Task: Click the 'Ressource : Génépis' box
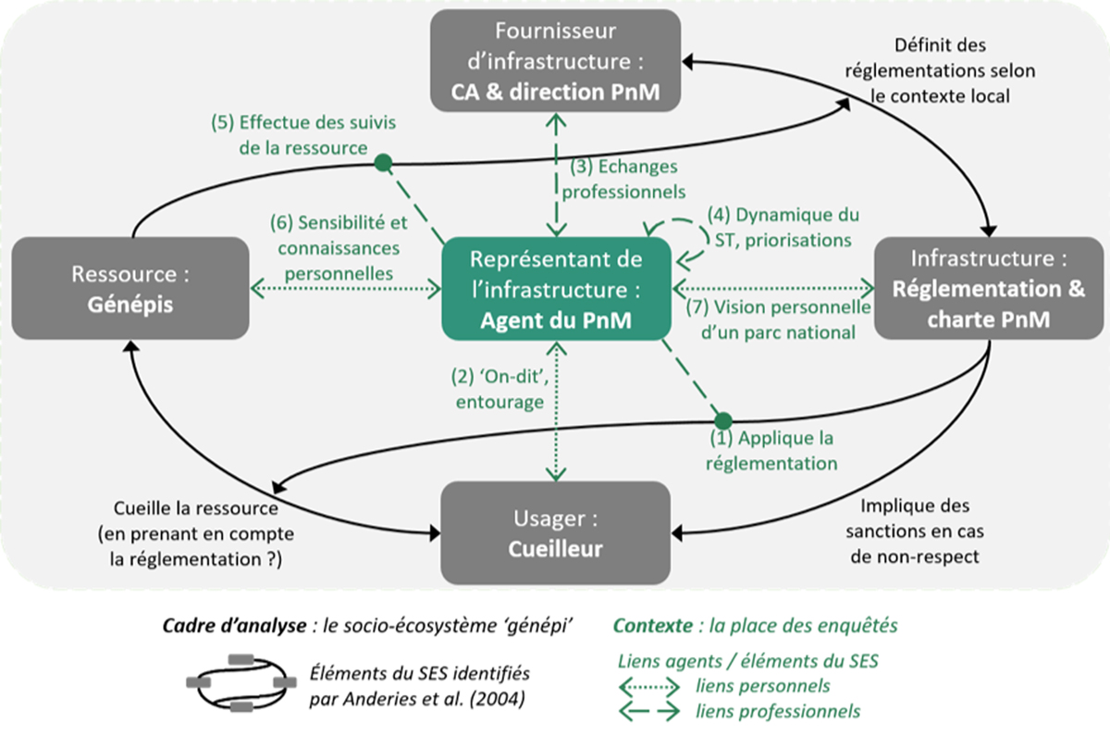130,287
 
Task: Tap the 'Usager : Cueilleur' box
555,533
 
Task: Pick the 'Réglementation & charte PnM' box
989,287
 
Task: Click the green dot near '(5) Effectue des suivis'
383,164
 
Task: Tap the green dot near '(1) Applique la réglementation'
722,419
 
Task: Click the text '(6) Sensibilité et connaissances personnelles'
339,248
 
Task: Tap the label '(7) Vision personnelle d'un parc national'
777,319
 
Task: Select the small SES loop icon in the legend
238,682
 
